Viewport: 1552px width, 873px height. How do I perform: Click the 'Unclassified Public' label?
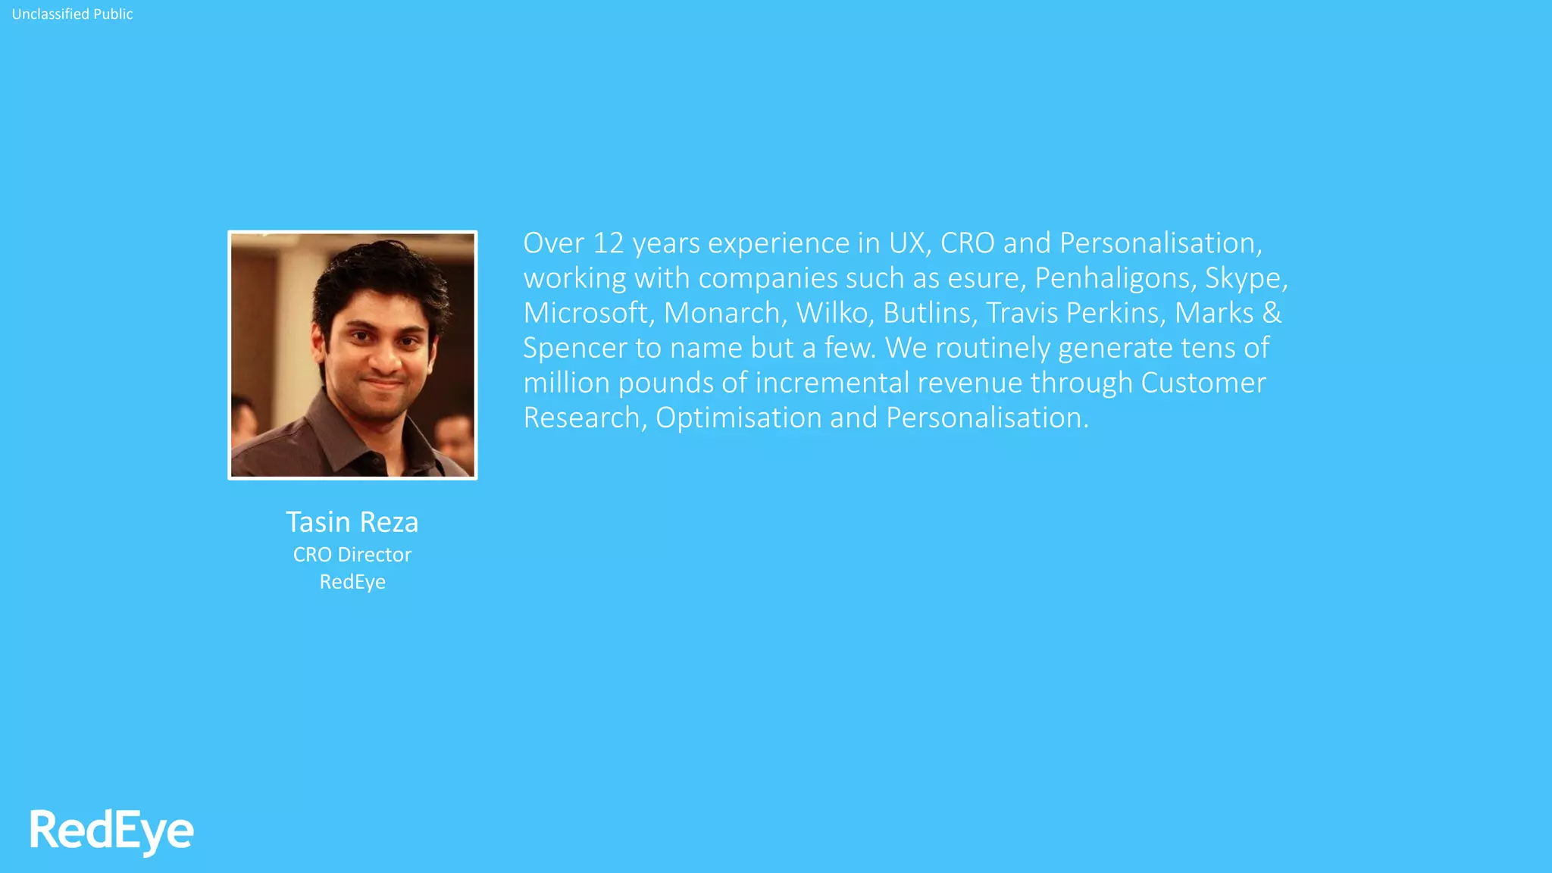pos(72,14)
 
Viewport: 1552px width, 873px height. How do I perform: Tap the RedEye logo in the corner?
pos(111,831)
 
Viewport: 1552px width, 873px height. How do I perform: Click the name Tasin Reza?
pos(352,522)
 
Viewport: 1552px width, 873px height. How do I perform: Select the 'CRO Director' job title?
pos(352,555)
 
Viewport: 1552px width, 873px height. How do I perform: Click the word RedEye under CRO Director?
pos(352,582)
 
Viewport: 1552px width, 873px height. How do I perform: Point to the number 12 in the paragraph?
pos(608,243)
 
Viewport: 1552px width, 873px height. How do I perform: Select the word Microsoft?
pos(587,313)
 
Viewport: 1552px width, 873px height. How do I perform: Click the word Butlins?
pos(930,313)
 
